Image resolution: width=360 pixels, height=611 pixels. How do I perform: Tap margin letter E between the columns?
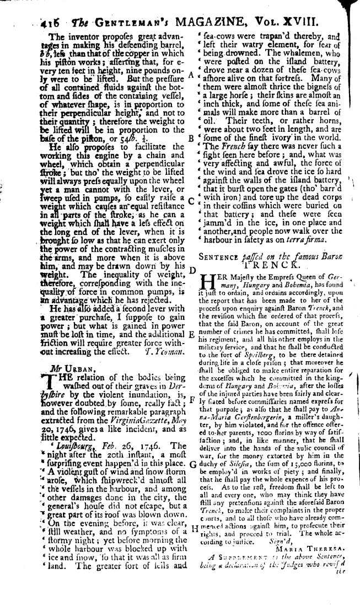point(191,334)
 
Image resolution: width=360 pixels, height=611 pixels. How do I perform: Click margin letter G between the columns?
point(191,448)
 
